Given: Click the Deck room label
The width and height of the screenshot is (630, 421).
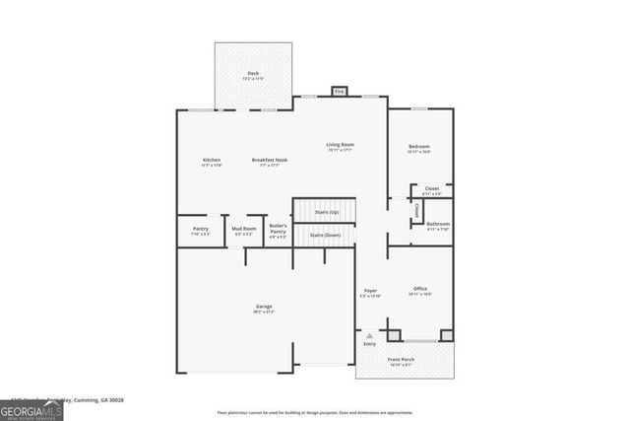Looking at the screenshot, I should coord(253,74).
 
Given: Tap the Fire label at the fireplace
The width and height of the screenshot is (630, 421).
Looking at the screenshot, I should coord(340,92).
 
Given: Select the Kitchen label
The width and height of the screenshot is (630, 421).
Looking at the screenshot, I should coord(212,161).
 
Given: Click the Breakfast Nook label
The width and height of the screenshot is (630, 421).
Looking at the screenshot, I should coord(269,161).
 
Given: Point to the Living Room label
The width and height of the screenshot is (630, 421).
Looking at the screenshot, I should coord(341,145).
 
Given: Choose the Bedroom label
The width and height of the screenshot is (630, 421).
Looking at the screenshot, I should coord(419,147).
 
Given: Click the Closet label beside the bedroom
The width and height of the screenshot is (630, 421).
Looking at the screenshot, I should coord(432,188).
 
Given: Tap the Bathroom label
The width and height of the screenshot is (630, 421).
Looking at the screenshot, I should coord(438,224).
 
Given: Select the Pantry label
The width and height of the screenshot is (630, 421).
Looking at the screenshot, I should coord(200,229).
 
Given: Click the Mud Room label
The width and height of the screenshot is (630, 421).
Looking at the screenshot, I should coord(244,229).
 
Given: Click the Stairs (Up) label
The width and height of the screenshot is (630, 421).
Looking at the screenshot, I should coord(328,212).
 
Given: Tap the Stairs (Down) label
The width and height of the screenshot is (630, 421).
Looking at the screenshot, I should coord(326,236).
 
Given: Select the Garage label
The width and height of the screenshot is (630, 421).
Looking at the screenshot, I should coord(264,307).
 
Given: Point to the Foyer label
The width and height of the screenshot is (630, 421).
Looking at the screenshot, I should coord(371,291).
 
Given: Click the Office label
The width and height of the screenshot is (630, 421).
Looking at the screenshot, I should coord(419,289).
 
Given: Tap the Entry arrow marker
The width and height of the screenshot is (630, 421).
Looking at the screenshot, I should coord(369,336).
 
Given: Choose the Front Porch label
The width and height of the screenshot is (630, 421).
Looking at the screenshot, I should coord(401,360).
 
